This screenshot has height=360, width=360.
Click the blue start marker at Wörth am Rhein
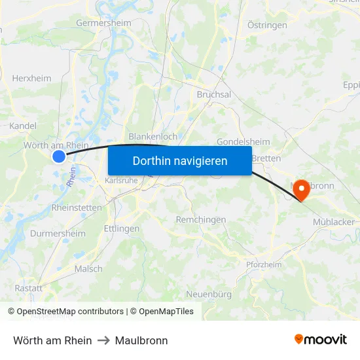point(59,156)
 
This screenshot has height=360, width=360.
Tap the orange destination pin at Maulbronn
point(302,190)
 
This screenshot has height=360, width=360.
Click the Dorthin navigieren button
point(180,160)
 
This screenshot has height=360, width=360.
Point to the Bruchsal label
point(214,94)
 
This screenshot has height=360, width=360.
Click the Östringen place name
point(267,25)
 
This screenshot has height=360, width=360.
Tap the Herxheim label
point(31,78)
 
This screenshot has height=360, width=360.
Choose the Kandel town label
point(23,126)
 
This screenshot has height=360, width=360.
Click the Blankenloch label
point(153,136)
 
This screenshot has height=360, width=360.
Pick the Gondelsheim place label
point(243,142)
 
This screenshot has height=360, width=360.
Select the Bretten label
point(266,158)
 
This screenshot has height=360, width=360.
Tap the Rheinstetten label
point(77,207)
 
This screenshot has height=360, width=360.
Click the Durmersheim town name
point(58,233)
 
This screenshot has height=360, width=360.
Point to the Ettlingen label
point(122,228)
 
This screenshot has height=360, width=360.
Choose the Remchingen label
point(201,220)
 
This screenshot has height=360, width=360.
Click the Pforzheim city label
point(264,264)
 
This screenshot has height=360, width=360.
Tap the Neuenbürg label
point(209,294)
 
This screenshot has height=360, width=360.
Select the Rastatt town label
point(29,288)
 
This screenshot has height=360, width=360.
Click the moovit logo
point(320,340)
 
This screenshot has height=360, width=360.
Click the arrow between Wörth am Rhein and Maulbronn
point(103,340)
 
